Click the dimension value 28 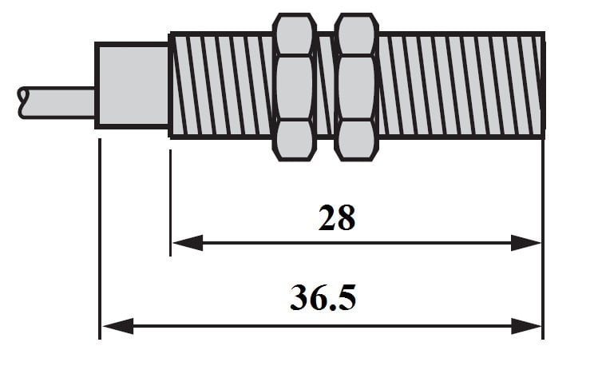pos(337,218)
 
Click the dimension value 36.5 pos(323,297)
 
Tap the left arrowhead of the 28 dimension pos(188,243)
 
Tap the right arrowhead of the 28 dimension pos(525,243)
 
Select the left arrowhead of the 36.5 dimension pos(118,326)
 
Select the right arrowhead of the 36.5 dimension pos(526,326)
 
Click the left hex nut pos(295,87)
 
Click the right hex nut pos(356,87)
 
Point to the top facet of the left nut pos(295,35)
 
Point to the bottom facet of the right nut pos(356,140)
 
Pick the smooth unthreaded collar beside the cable pos(132,85)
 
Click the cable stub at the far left pos(57,102)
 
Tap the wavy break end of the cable pos(22,102)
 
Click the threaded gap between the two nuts pos(326,86)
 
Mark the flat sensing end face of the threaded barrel pos(543,86)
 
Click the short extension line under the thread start pos(170,203)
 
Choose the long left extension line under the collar pos(100,239)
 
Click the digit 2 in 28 pos(327,218)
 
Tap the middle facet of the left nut pos(295,88)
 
